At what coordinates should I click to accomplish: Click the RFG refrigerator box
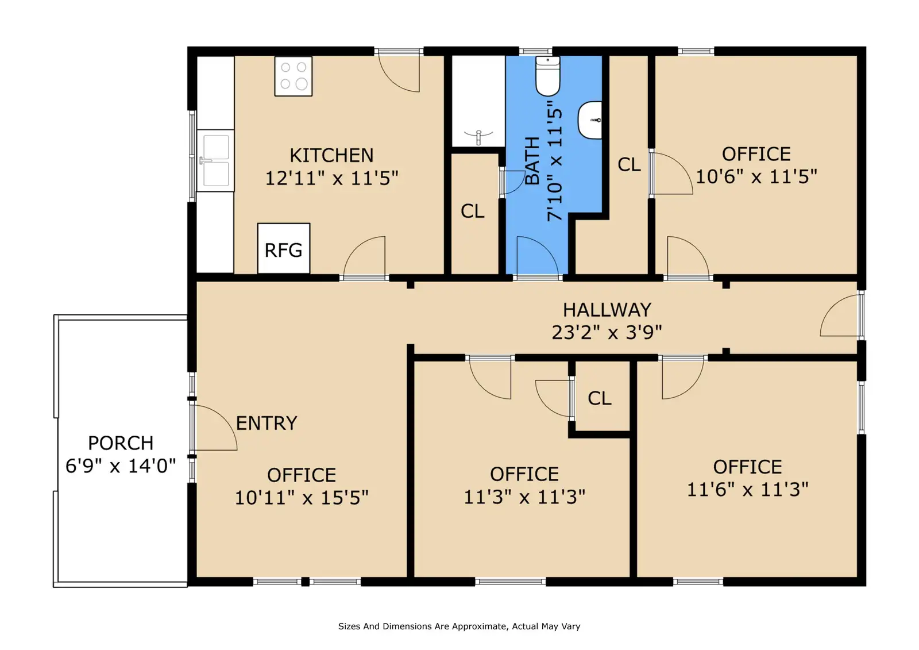[x=284, y=248]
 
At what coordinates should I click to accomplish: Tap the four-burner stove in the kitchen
[x=294, y=76]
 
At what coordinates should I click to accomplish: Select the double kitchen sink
[x=215, y=160]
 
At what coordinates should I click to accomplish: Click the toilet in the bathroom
[x=548, y=76]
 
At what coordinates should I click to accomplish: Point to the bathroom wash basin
[x=590, y=120]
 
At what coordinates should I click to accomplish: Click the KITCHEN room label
[x=331, y=156]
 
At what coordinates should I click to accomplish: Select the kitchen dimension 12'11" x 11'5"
[x=331, y=178]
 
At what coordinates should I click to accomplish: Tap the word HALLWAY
[x=607, y=310]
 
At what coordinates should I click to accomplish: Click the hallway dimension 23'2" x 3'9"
[x=607, y=333]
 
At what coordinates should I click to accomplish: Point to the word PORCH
[x=121, y=443]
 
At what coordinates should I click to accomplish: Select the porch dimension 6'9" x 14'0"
[x=121, y=466]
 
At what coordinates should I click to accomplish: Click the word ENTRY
[x=267, y=423]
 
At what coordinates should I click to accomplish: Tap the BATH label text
[x=532, y=161]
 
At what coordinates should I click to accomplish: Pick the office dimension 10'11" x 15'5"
[x=302, y=498]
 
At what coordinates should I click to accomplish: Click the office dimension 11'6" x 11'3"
[x=747, y=490]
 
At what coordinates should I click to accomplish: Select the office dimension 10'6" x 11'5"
[x=756, y=176]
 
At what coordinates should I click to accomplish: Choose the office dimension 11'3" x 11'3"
[x=524, y=497]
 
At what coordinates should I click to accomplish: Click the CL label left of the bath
[x=472, y=211]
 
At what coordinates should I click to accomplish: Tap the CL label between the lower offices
[x=600, y=398]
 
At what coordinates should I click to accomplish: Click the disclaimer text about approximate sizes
[x=459, y=626]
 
